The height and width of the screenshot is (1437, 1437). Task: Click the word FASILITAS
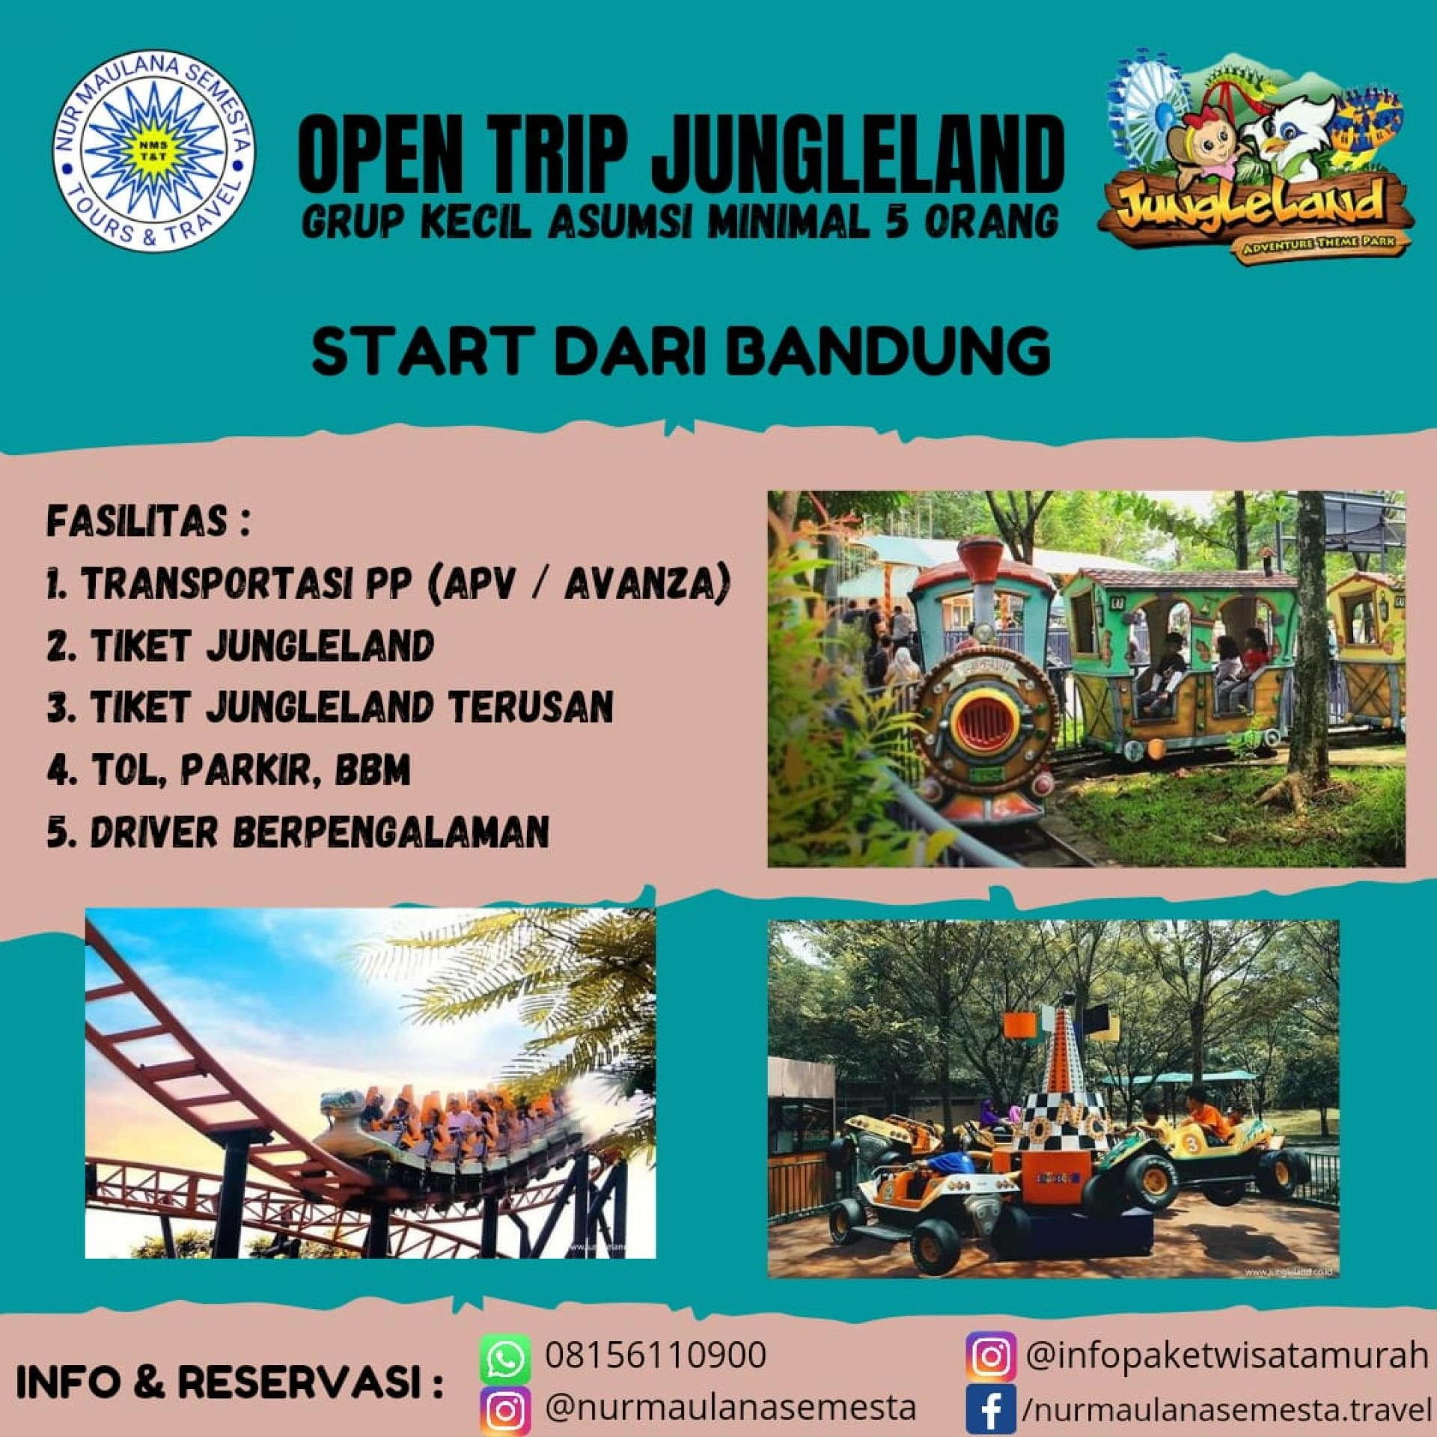137,520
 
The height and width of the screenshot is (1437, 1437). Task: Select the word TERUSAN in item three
531,707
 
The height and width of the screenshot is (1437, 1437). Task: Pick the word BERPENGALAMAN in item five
394,831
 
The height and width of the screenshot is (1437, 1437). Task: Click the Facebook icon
991,1406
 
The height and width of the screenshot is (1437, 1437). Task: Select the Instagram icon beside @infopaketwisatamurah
991,1356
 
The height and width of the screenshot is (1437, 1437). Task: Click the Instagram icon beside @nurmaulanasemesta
505,1410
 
